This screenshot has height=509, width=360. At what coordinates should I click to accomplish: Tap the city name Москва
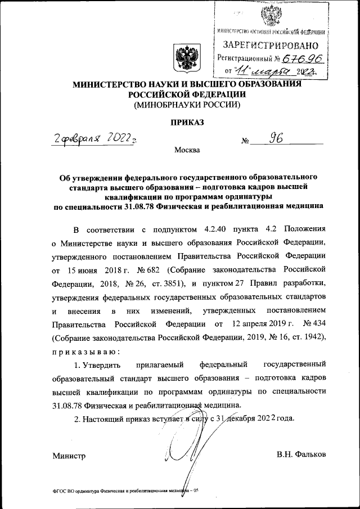coord(187,151)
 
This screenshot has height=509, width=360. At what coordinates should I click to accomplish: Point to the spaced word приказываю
coord(85,352)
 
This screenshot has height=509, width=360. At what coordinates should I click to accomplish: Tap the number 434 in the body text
coord(314,325)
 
